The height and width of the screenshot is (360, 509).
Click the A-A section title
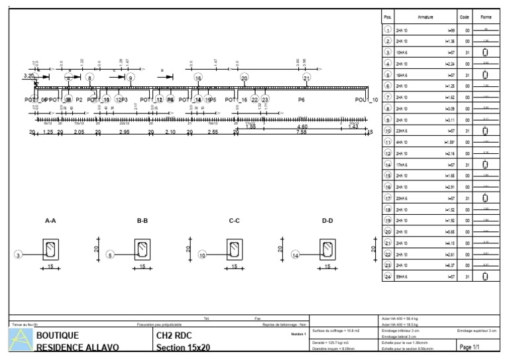click(x=50, y=221)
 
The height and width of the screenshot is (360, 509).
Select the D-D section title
click(x=327, y=221)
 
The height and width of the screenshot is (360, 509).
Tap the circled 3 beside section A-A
click(x=19, y=255)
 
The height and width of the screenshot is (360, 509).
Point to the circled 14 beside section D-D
click(x=296, y=255)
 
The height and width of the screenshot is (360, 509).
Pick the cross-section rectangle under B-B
click(x=143, y=249)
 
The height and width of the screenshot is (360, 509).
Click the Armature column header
click(x=425, y=17)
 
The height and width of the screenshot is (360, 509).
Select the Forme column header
click(x=486, y=17)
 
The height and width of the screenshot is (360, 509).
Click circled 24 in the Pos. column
click(x=388, y=276)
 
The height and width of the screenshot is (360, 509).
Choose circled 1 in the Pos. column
click(x=388, y=30)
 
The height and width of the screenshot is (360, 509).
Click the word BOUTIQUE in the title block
click(x=58, y=335)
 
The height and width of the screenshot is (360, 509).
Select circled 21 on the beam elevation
click(x=307, y=78)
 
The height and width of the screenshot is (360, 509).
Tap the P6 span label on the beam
click(x=302, y=99)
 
